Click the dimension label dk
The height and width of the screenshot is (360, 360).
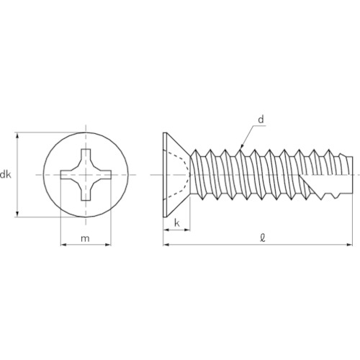[5, 175]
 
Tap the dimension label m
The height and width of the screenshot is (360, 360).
[85, 238]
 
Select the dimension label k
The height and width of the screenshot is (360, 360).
[177, 223]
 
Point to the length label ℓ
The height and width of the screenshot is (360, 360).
[263, 238]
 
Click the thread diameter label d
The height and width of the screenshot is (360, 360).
[261, 120]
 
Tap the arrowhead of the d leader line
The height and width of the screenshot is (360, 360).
[242, 146]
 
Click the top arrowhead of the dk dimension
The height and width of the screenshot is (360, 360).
[17, 135]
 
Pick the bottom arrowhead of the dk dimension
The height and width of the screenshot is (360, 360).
[17, 214]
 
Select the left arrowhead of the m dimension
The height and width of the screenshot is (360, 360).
[63, 245]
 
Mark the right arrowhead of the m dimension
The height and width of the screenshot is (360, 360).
[108, 245]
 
